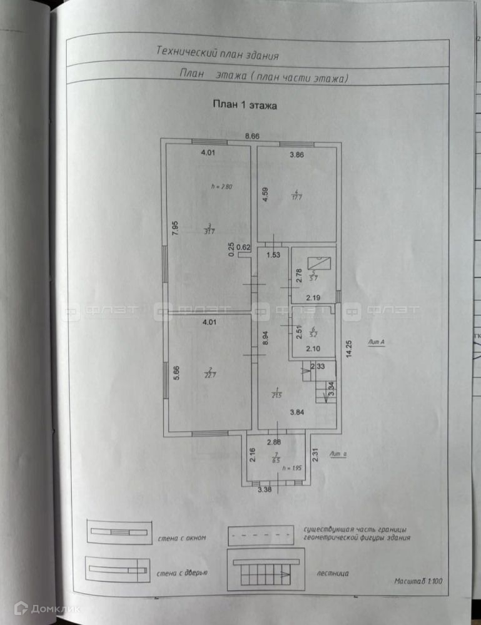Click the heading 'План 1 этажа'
(x=244, y=106)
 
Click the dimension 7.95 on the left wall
(x=176, y=228)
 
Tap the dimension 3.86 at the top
(x=296, y=155)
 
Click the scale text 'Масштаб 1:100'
(x=418, y=581)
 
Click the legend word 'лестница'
(x=333, y=572)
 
